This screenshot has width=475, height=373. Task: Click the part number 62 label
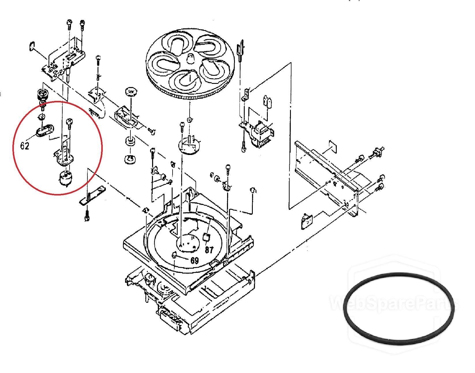tap(25, 146)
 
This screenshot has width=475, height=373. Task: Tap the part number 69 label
tap(195, 261)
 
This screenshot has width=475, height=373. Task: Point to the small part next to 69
tap(174, 255)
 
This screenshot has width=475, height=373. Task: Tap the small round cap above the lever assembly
tap(130, 92)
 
